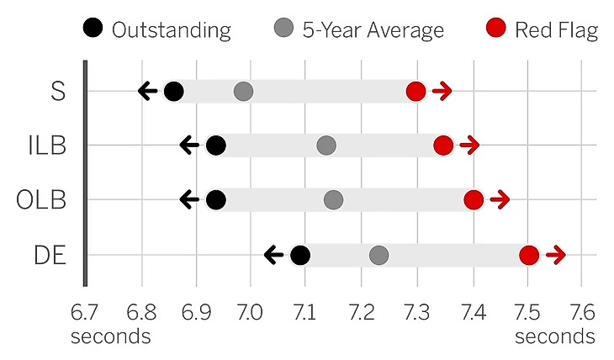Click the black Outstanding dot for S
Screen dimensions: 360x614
pyautogui.click(x=173, y=91)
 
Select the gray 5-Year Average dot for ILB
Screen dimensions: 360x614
pyautogui.click(x=326, y=146)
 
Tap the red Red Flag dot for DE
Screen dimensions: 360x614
pyautogui.click(x=529, y=255)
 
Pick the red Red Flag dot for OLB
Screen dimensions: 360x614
pyautogui.click(x=474, y=200)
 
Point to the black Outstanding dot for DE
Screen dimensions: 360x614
pyautogui.click(x=300, y=255)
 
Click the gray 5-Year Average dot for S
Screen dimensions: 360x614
pyautogui.click(x=243, y=91)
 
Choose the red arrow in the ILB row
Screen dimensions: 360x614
pyautogui.click(x=469, y=146)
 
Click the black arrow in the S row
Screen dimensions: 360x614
pyautogui.click(x=148, y=91)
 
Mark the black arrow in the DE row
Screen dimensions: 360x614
pyautogui.click(x=273, y=255)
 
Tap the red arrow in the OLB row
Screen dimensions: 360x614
pyautogui.click(x=500, y=200)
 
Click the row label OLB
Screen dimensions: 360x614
pyautogui.click(x=41, y=200)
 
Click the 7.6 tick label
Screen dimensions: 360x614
pyautogui.click(x=582, y=314)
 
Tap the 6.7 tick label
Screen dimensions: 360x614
pyautogui.click(x=85, y=314)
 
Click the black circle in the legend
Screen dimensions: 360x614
pyautogui.click(x=93, y=30)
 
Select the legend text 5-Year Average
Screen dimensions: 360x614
pyautogui.click(x=373, y=31)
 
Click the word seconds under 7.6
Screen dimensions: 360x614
pyautogui.click(x=555, y=336)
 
